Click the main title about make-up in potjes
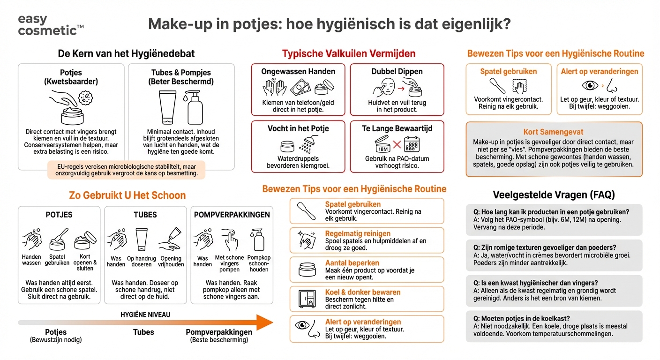pyautogui.click(x=329, y=24)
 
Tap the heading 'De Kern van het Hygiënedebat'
pyautogui.click(x=126, y=53)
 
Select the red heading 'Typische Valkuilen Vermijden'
pyautogui.click(x=348, y=53)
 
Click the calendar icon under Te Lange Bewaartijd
pyautogui.click(x=412, y=144)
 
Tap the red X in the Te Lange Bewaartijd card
pyautogui.click(x=397, y=144)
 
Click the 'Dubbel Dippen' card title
pyautogui.click(x=397, y=72)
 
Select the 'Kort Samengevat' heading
pyautogui.click(x=553, y=132)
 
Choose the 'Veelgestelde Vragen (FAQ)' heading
pyautogui.click(x=554, y=195)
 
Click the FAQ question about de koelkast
pyautogui.click(x=522, y=319)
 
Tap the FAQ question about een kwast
pyautogui.click(x=532, y=283)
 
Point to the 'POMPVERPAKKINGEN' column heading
pyautogui.click(x=232, y=215)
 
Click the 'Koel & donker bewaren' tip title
pyautogui.click(x=362, y=292)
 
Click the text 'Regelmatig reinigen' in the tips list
pyautogui.click(x=358, y=233)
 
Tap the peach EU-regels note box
pyautogui.click(x=126, y=170)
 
